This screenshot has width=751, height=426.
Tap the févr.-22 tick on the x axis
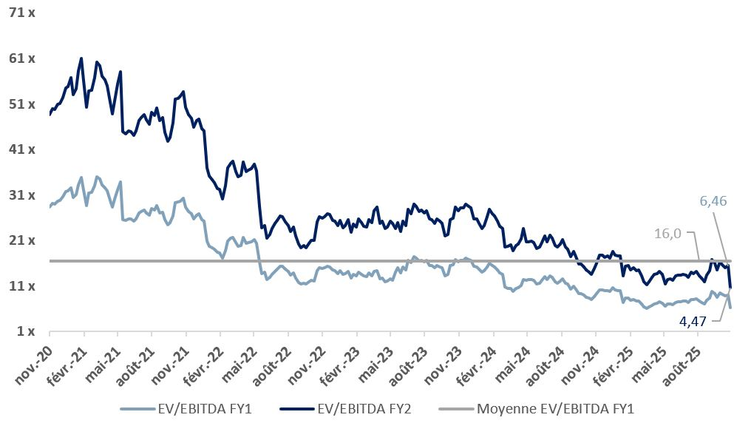tap(203, 359)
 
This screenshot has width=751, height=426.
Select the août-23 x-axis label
tap(409, 358)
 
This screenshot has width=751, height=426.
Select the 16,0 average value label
tap(667, 234)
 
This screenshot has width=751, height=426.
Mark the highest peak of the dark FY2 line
tap(81, 58)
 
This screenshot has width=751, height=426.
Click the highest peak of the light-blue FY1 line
tap(97, 177)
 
